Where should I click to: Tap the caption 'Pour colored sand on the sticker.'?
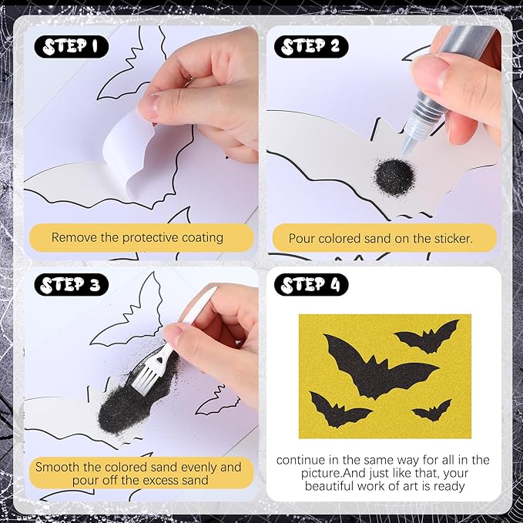pyautogui.click(x=381, y=238)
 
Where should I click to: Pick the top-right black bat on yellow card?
pyautogui.click(x=428, y=336)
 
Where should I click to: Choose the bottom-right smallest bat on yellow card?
pyautogui.click(x=432, y=411)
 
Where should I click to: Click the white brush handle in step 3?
pyautogui.click(x=197, y=312)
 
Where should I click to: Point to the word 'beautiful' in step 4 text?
pyautogui.click(x=333, y=486)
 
